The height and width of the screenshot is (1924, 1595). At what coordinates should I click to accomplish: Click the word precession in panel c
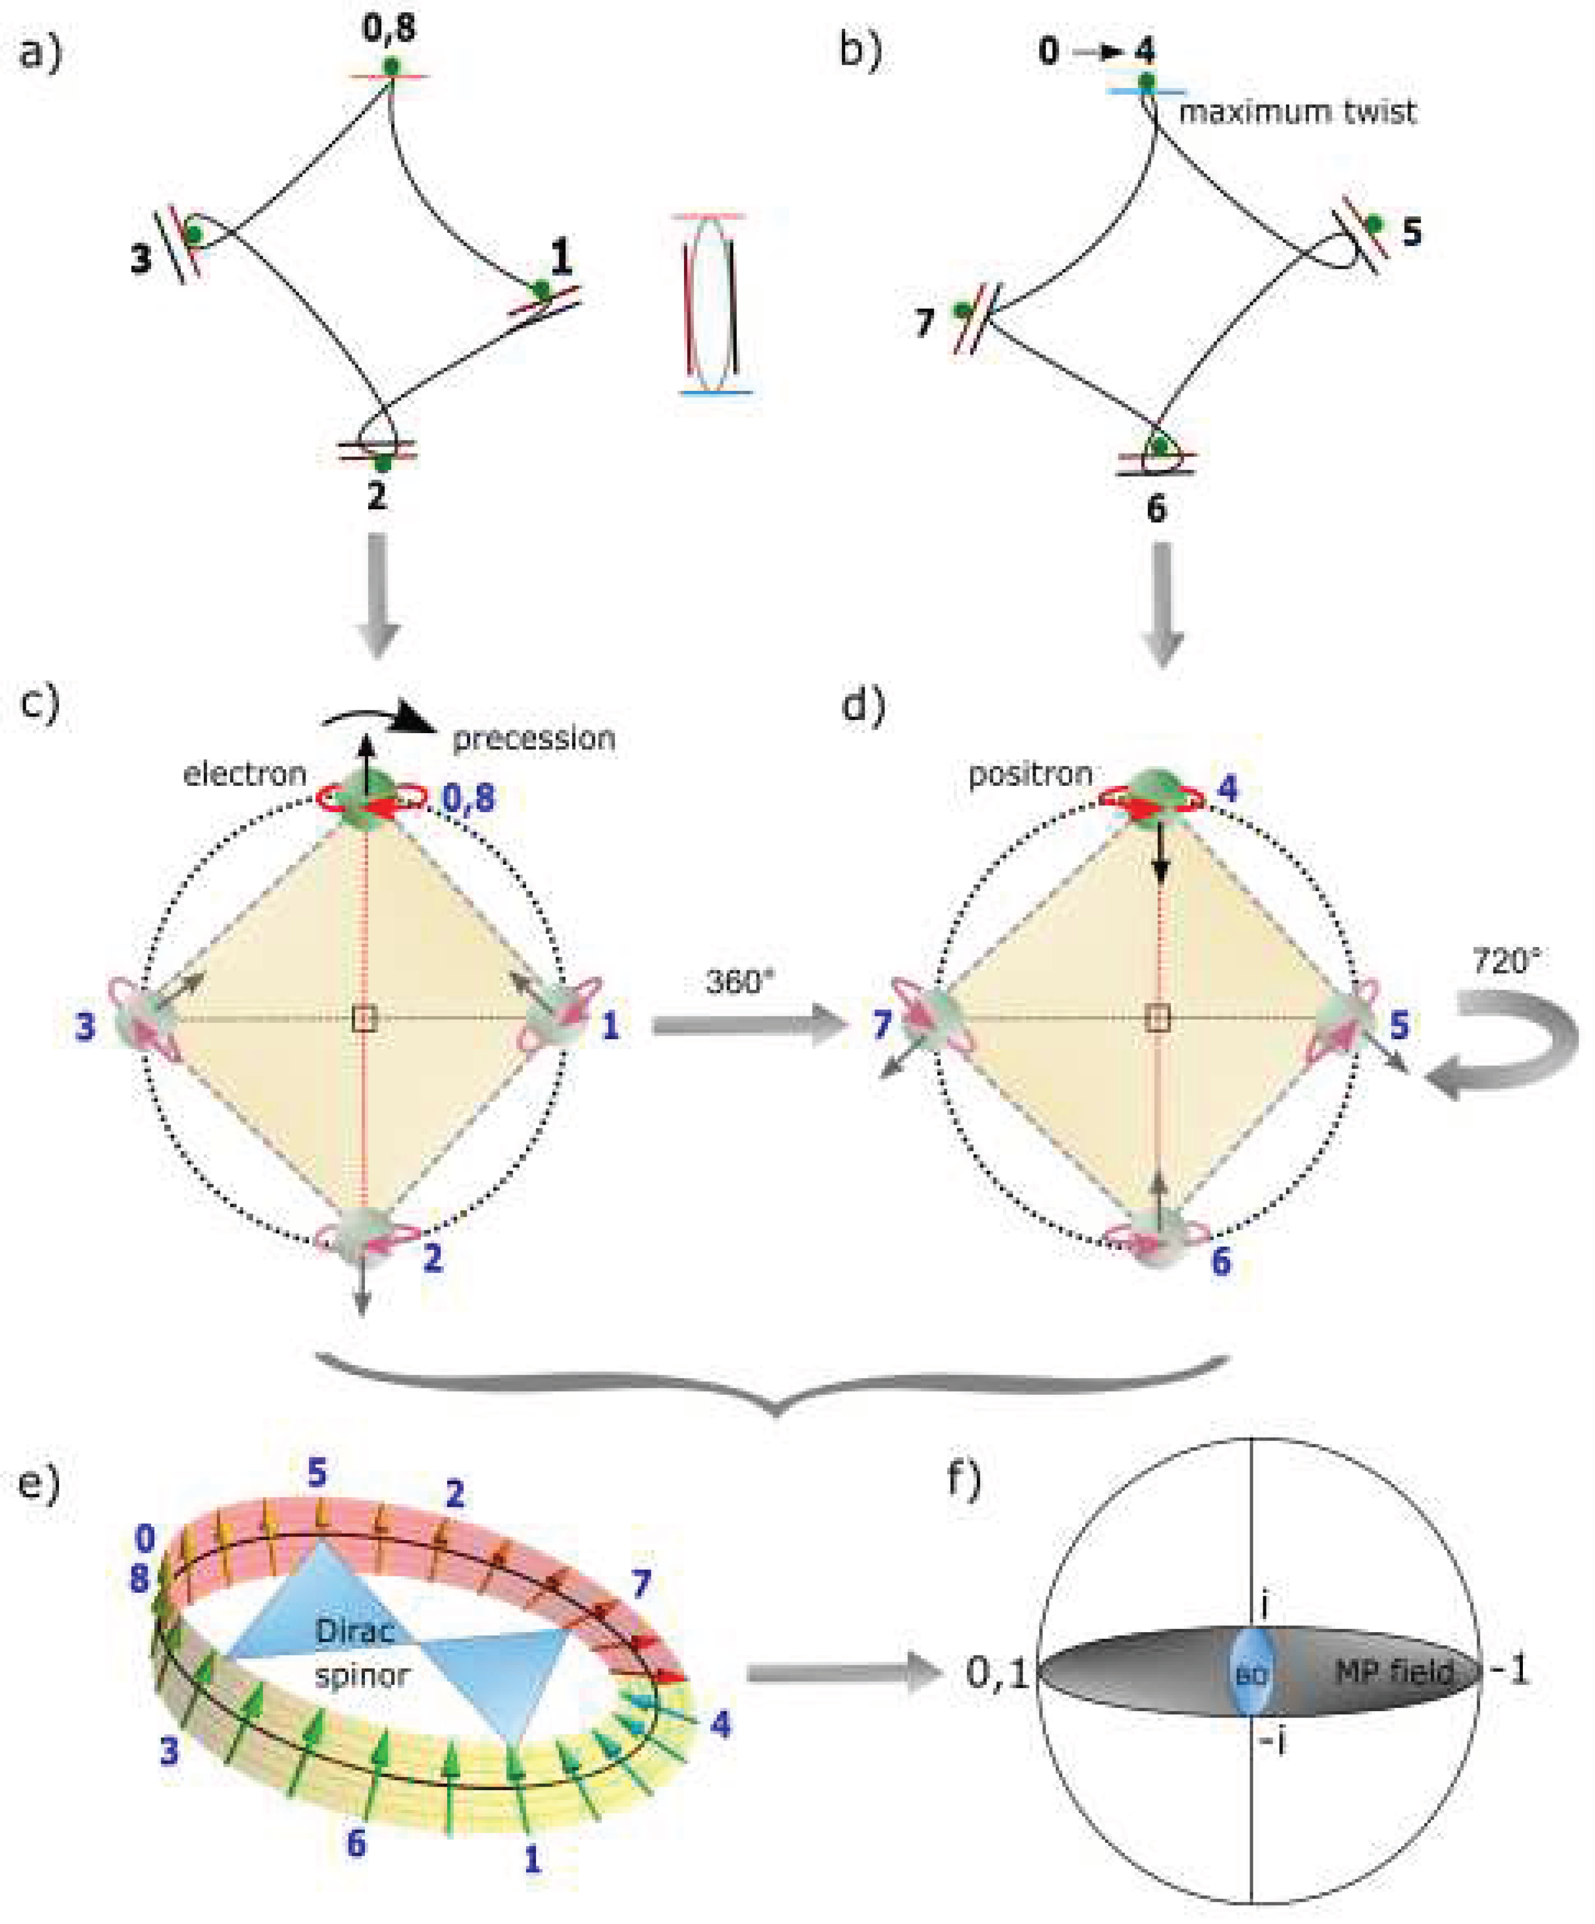point(533,738)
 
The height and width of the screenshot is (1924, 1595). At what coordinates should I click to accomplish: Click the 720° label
point(1505,961)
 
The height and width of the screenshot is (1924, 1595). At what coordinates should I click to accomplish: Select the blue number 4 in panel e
point(721,1725)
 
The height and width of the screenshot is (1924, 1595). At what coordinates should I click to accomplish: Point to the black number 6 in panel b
point(1156,508)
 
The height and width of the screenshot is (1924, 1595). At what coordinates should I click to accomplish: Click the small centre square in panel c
point(364,1018)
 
